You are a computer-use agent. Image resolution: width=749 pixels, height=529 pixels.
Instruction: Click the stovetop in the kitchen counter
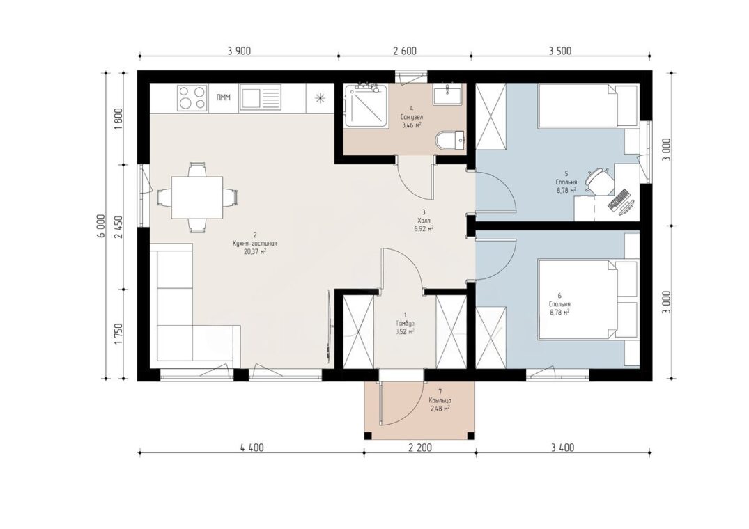click(192, 97)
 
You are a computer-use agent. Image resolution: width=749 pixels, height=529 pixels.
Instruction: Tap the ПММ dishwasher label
click(224, 97)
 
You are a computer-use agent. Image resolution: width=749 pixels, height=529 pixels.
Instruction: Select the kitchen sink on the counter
click(259, 97)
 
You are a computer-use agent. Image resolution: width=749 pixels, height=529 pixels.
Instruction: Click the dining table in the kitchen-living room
click(197, 197)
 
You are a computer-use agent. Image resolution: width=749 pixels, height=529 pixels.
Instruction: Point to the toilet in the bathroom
click(450, 140)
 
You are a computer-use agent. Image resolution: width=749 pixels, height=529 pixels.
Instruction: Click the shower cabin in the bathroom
click(366, 105)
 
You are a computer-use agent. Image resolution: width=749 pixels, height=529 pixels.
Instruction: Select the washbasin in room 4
click(447, 94)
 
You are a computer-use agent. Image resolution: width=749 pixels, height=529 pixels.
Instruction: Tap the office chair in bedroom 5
click(598, 180)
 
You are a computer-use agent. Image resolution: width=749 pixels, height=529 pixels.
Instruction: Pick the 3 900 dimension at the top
click(239, 51)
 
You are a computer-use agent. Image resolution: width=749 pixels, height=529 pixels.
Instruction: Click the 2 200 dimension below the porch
click(420, 448)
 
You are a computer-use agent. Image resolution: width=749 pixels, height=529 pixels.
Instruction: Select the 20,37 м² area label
click(254, 251)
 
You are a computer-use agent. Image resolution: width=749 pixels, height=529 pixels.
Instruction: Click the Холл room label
click(424, 221)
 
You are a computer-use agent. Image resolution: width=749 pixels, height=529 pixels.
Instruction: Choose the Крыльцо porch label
click(440, 401)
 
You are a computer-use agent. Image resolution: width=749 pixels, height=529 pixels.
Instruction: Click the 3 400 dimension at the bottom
click(563, 448)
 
